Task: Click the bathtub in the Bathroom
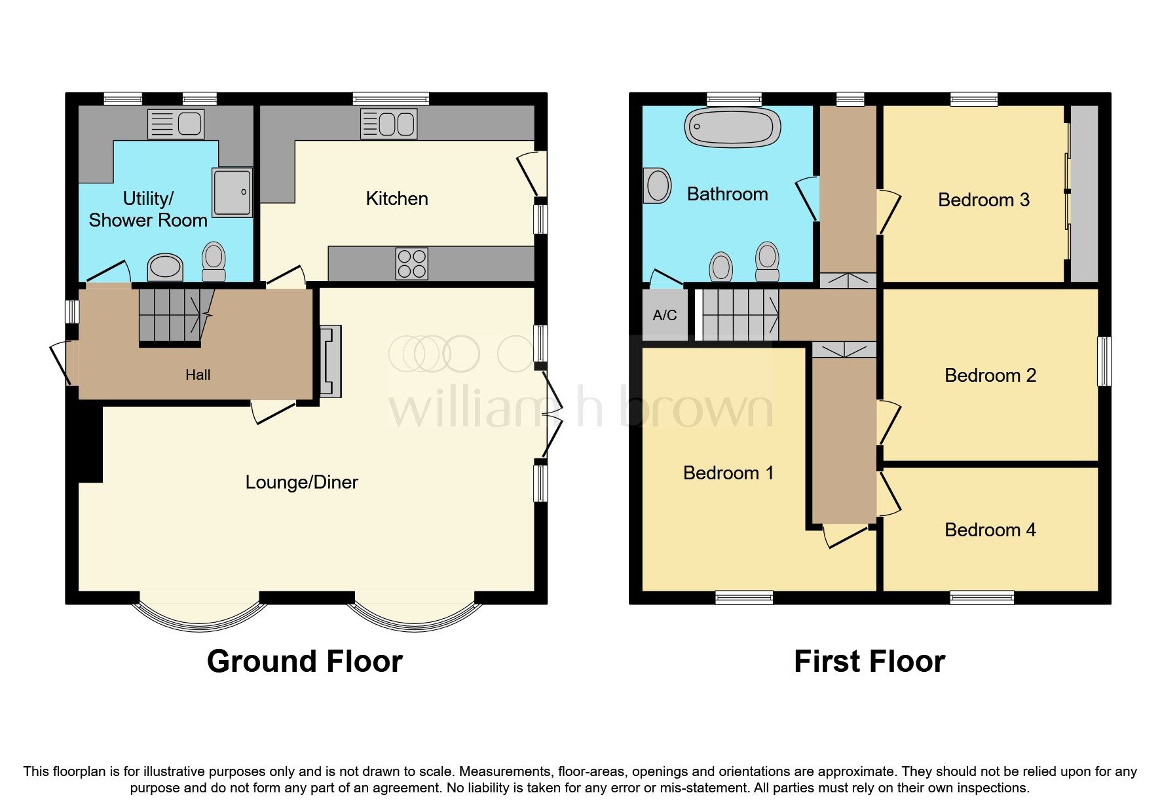click(x=732, y=127)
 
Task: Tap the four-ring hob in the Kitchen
click(x=411, y=264)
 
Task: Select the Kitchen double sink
click(x=388, y=124)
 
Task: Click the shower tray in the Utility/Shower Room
click(x=232, y=193)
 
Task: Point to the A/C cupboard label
click(x=664, y=316)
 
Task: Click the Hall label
click(x=198, y=375)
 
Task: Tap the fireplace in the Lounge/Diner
click(x=331, y=361)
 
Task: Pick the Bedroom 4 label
click(x=990, y=530)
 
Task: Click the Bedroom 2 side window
click(x=1104, y=361)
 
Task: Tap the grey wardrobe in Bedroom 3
click(x=1084, y=194)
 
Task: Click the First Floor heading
click(x=869, y=661)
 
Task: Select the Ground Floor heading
click(x=305, y=661)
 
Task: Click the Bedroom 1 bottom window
click(x=743, y=597)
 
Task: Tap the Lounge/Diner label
click(x=301, y=483)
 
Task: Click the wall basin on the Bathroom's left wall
click(x=657, y=186)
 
